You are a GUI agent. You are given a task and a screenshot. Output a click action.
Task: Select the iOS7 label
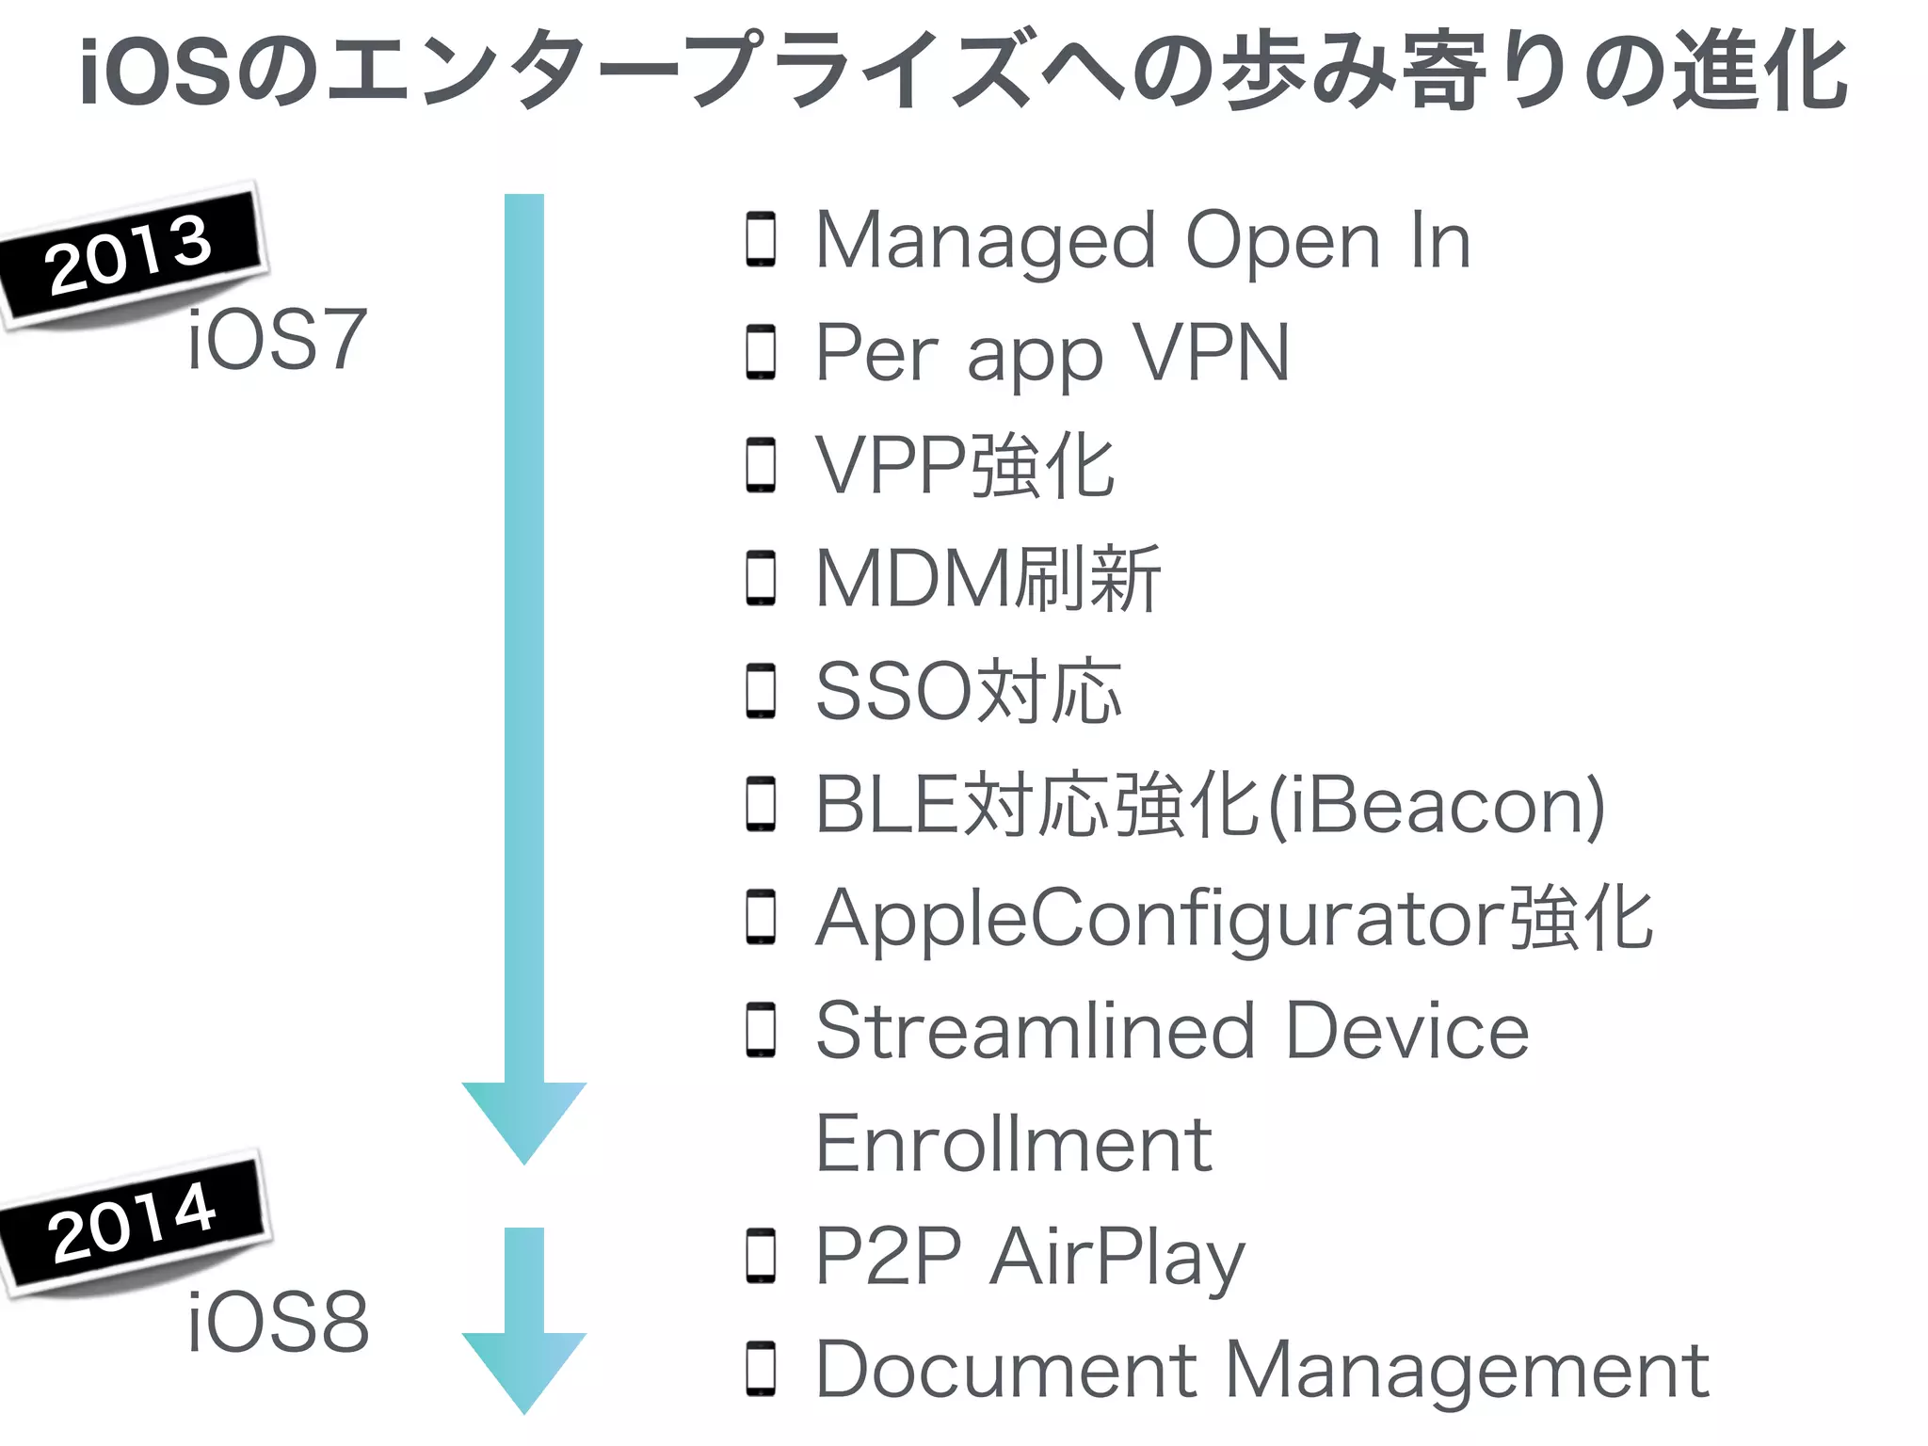(276, 340)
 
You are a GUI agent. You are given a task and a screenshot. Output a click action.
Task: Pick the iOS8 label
(278, 1323)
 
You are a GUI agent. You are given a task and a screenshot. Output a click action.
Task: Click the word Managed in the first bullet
(985, 243)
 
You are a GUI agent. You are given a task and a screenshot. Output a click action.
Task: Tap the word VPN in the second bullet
(1211, 353)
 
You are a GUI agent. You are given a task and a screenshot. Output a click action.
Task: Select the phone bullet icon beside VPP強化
(761, 465)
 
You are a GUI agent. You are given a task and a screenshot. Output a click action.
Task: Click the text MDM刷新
(988, 578)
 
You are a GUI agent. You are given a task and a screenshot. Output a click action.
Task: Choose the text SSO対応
(968, 692)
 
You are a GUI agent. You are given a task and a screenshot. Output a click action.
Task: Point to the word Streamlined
(1035, 1031)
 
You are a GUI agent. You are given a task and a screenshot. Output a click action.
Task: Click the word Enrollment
(1013, 1144)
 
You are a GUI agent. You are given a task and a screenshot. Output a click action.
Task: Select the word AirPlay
(1117, 1258)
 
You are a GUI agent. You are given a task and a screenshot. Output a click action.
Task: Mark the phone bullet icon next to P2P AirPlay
(761, 1256)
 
